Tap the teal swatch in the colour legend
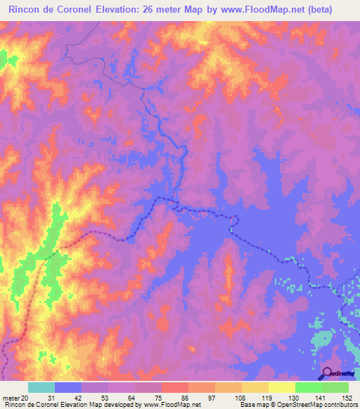41,387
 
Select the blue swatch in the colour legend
68,387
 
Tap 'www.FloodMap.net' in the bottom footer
172,405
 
